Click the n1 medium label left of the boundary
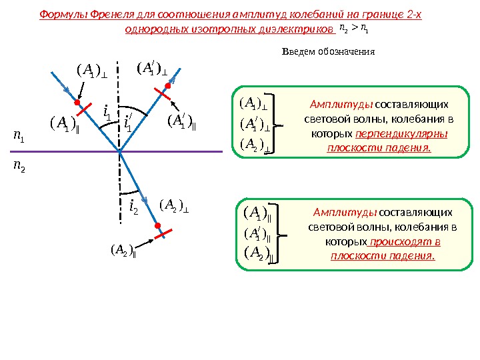tap(19, 138)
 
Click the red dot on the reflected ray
tap(169, 86)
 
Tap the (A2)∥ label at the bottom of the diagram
tap(123, 251)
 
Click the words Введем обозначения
tap(329, 51)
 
